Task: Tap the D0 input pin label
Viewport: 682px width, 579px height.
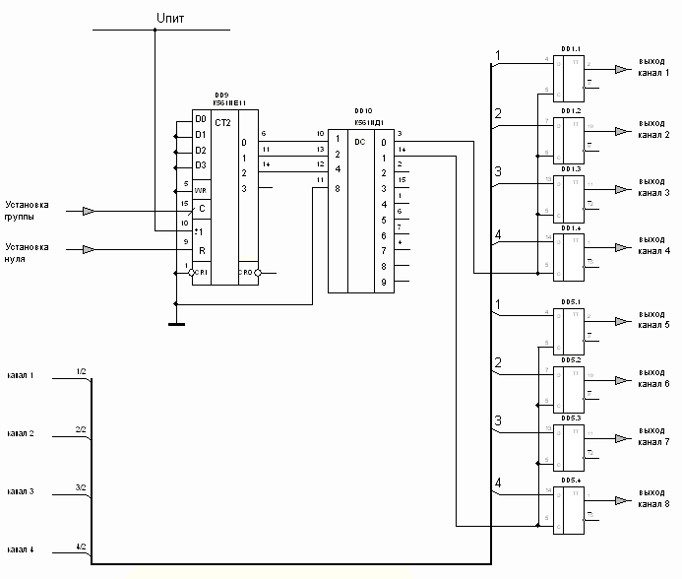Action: click(x=201, y=119)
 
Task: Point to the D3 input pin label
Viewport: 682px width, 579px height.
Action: click(x=201, y=165)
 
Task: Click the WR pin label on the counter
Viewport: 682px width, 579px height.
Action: click(x=201, y=189)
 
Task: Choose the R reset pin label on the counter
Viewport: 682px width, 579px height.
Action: click(x=202, y=250)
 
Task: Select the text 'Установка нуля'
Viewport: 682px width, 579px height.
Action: click(x=27, y=253)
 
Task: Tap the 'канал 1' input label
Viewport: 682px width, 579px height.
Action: click(x=21, y=376)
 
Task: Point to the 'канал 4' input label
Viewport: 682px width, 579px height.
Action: click(x=21, y=548)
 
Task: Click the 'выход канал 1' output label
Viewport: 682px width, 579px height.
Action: click(x=651, y=67)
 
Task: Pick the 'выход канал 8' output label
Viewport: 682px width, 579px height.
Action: click(x=651, y=499)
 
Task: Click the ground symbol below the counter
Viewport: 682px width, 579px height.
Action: click(x=175, y=322)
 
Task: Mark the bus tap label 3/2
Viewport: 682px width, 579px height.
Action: click(x=82, y=487)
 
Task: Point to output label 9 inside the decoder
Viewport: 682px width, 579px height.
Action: click(x=384, y=283)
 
